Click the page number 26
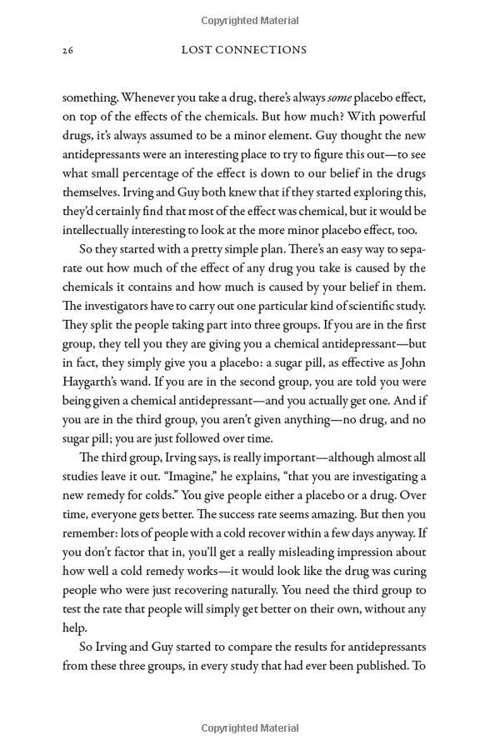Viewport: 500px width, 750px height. [x=68, y=50]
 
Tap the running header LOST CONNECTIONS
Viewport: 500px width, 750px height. [x=244, y=50]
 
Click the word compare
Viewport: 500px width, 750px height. [x=231, y=647]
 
